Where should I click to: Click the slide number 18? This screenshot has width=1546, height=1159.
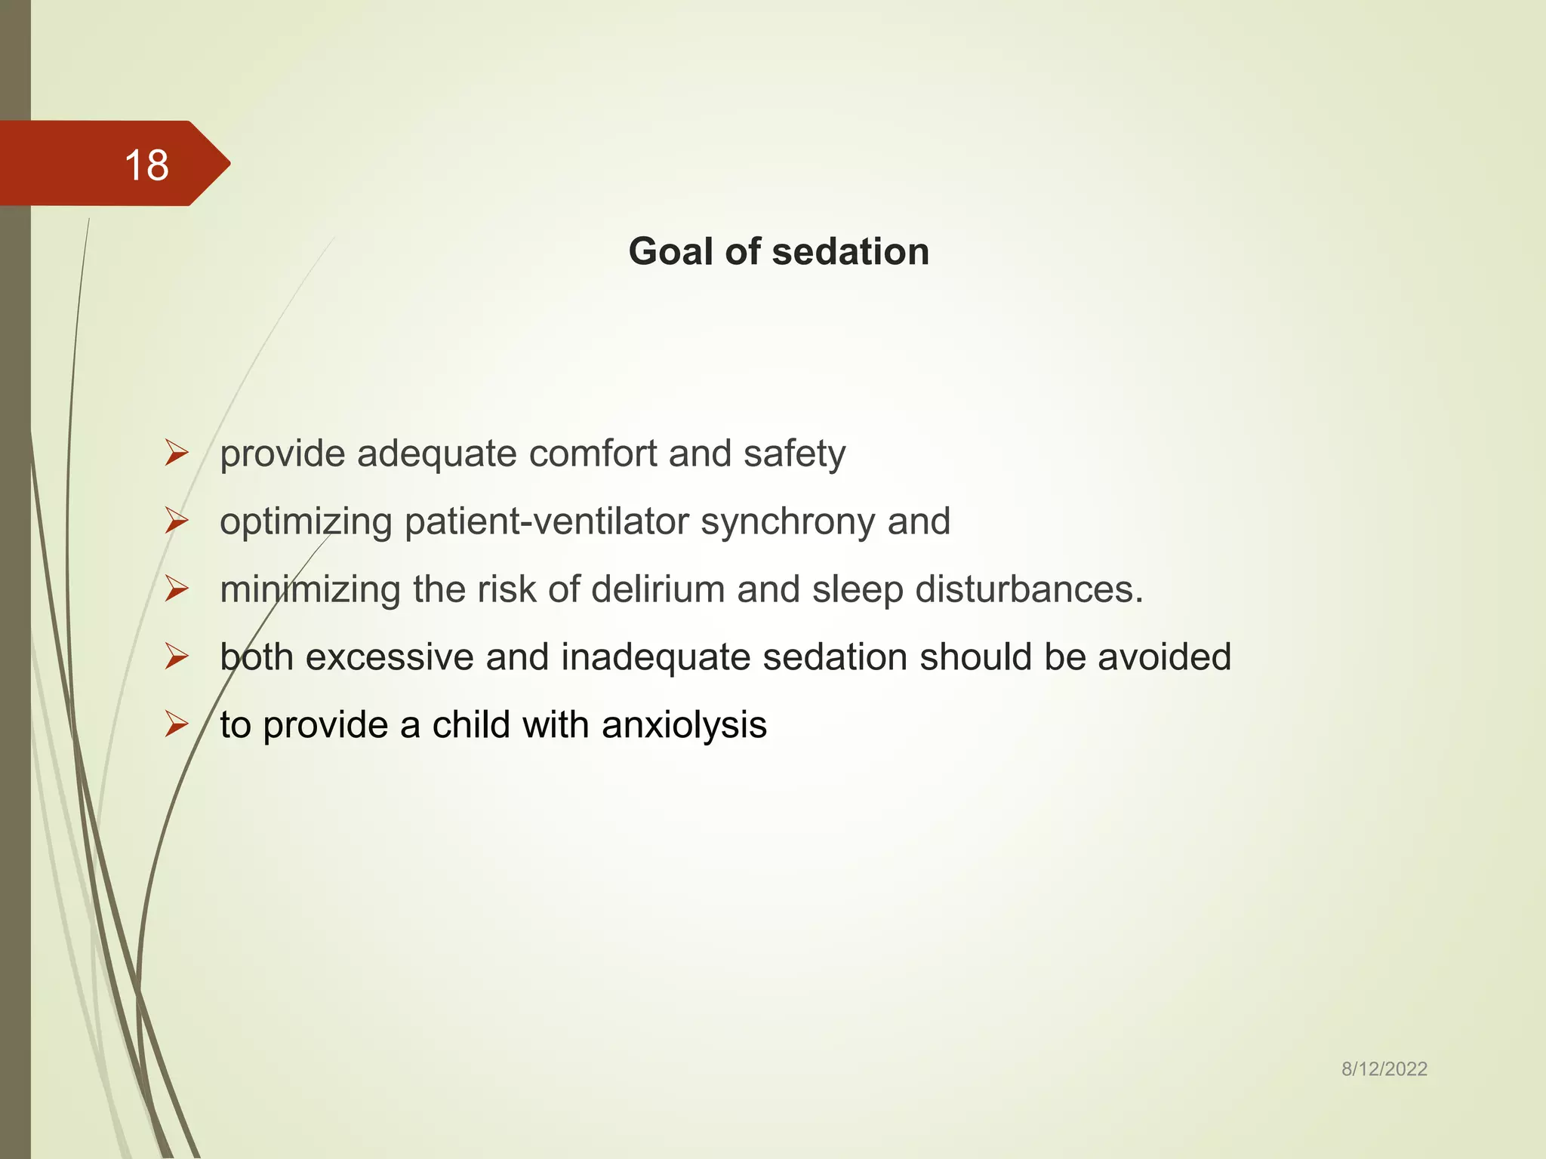point(146,164)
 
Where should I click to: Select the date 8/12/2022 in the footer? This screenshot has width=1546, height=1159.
point(1384,1068)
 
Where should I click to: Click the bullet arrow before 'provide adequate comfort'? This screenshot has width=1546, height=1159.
point(177,453)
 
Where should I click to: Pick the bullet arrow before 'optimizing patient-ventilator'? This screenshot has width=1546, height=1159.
point(177,521)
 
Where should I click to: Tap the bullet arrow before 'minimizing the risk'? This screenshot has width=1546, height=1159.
point(177,589)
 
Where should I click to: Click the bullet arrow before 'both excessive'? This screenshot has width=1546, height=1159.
point(177,656)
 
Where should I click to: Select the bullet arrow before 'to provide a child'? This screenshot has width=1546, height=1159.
point(177,724)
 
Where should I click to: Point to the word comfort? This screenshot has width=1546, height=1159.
point(592,453)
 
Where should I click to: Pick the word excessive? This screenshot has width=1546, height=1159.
point(389,657)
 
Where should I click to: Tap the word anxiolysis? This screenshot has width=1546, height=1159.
point(684,725)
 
